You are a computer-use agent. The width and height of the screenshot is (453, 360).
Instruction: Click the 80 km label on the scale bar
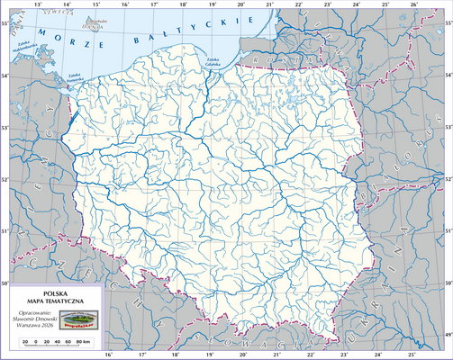(x=82, y=342)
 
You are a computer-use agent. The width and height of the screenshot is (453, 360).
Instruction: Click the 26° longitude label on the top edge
(x=413, y=4)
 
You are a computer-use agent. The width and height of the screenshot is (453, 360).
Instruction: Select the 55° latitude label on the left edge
(x=5, y=22)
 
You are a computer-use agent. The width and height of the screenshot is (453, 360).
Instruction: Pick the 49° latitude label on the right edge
(x=448, y=334)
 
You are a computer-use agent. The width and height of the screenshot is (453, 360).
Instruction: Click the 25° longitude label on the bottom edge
(x=385, y=355)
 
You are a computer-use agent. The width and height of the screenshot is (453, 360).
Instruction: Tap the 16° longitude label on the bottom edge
(x=110, y=355)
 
